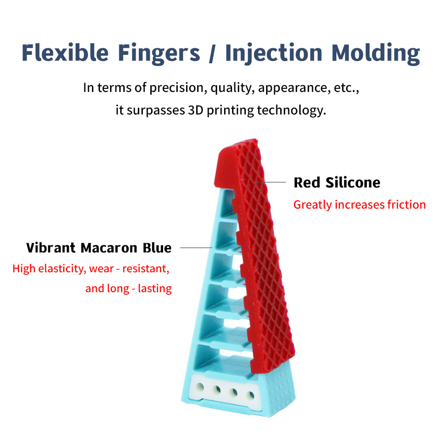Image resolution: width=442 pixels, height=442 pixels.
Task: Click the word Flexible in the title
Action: [65, 53]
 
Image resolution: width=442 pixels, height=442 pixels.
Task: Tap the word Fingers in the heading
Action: [159, 54]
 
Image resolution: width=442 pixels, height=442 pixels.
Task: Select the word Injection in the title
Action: [274, 54]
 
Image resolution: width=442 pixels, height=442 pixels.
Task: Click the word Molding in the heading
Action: [376, 54]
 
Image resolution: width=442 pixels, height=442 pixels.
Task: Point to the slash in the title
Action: [213, 53]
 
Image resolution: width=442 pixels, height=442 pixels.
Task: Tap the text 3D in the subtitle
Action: [196, 110]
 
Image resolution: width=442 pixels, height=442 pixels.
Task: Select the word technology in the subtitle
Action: [291, 110]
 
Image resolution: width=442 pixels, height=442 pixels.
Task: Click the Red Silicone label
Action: [337, 183]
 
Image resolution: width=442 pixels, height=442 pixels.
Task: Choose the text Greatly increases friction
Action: [359, 205]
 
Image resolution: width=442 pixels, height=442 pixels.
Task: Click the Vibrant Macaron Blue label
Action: [99, 248]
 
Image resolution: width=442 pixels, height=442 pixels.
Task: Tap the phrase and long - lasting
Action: [129, 288]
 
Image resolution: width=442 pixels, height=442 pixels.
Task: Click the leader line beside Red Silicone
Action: [271, 182]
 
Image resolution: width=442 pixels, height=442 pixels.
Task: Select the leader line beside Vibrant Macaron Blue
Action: [196, 248]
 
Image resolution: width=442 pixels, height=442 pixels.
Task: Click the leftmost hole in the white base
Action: [200, 386]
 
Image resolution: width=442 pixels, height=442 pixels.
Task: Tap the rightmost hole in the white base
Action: [251, 395]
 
